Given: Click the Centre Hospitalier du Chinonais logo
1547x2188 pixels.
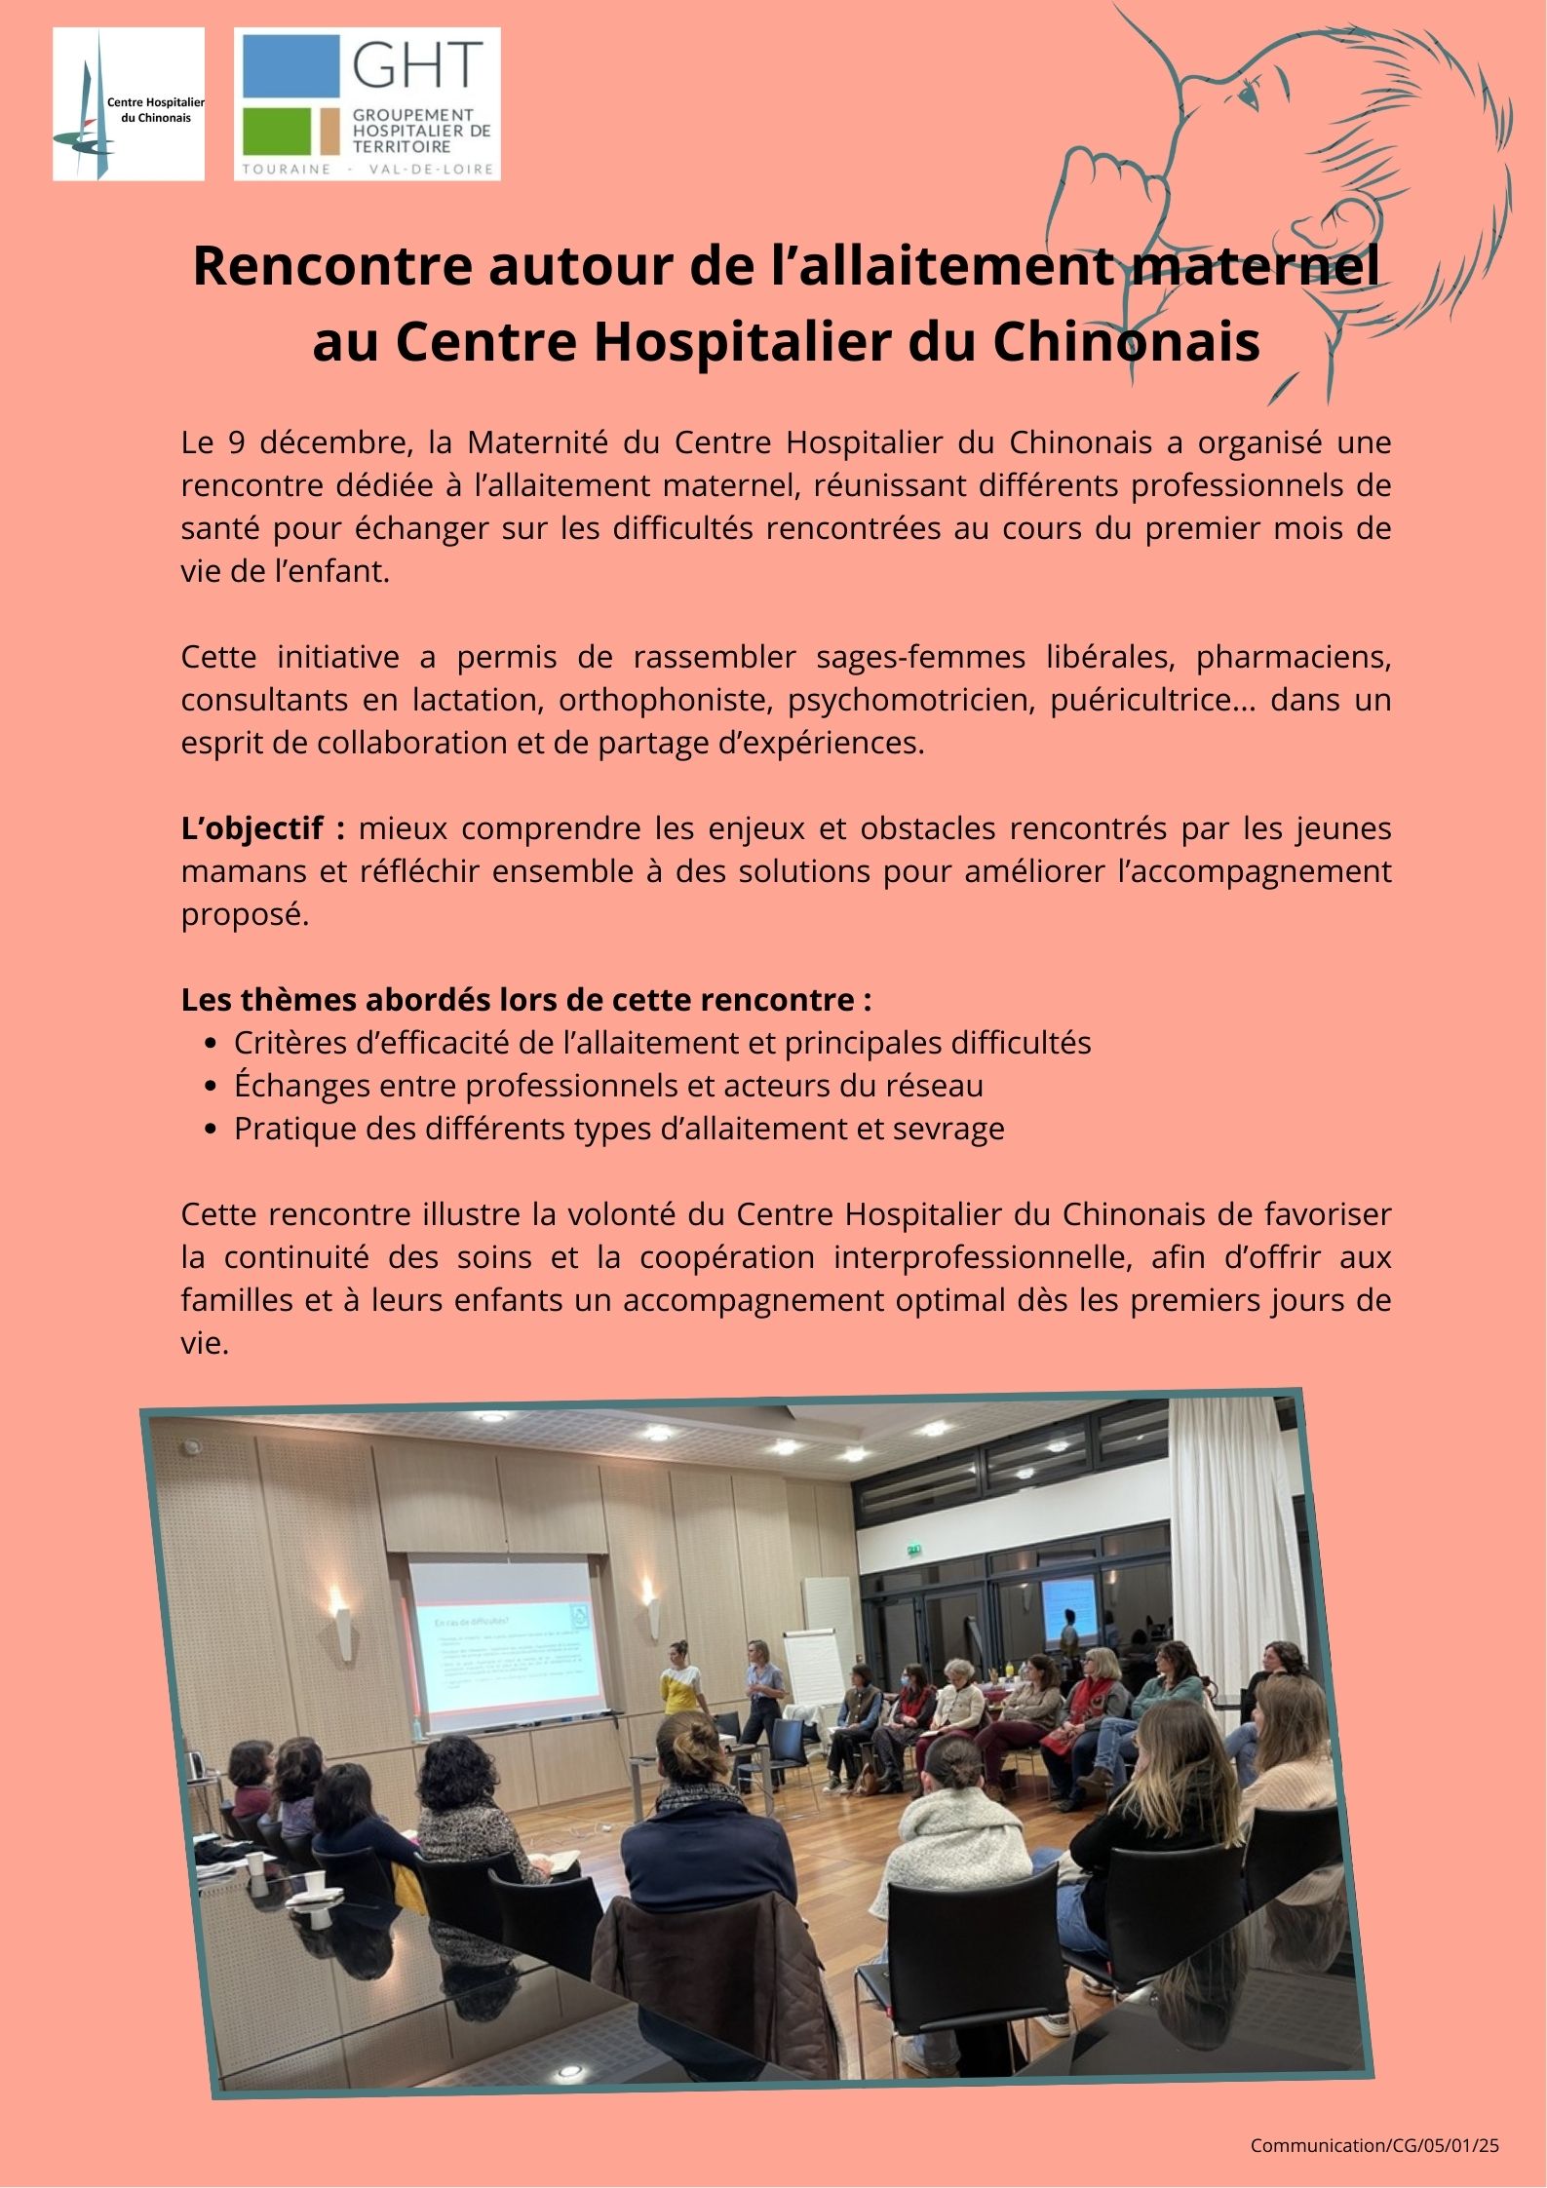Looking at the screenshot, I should tap(128, 104).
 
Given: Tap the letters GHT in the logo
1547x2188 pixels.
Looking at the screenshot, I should tap(418, 66).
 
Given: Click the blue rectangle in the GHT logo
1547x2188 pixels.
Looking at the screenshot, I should tap(290, 66).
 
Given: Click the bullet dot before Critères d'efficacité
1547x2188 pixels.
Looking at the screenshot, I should tap(212, 1044).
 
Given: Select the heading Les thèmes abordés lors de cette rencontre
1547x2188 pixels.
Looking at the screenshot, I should tap(525, 1001).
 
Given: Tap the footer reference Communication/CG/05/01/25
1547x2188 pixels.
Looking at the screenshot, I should tap(1374, 2145).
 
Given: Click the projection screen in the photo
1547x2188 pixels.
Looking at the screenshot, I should tap(507, 1639).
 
